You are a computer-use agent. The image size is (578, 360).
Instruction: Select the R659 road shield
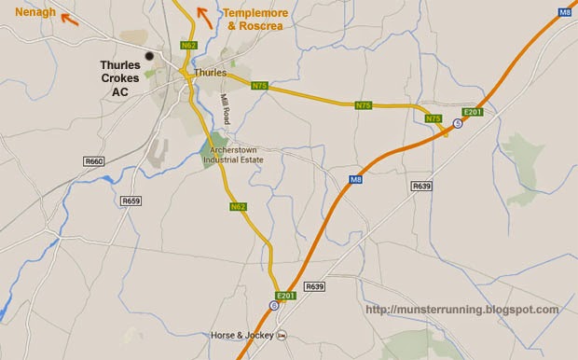pos(131,200)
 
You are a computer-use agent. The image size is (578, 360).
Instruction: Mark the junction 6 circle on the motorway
pos(273,305)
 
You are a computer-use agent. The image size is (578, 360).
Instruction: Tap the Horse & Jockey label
pos(240,335)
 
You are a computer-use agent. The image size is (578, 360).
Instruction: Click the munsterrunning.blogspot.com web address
pos(463,310)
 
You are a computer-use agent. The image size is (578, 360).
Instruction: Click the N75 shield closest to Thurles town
pos(259,84)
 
